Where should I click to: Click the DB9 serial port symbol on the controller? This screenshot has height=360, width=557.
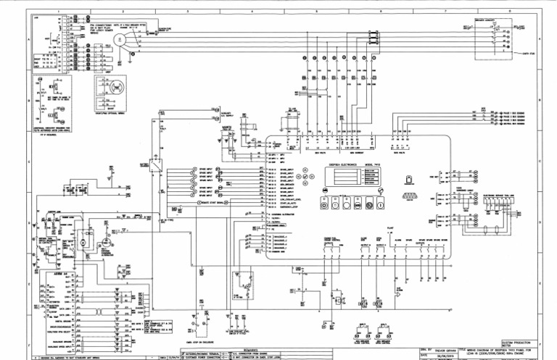[x=410, y=195]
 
